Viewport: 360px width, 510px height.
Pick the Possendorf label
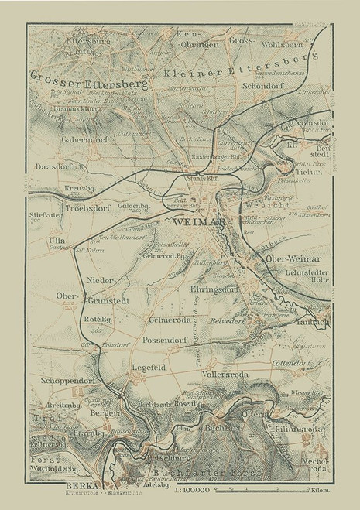[x=164, y=339]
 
